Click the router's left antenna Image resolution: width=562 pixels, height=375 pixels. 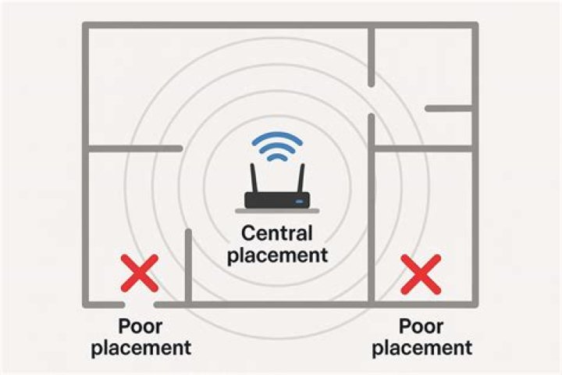pyautogui.click(x=254, y=178)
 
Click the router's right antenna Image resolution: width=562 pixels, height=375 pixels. pyautogui.click(x=301, y=178)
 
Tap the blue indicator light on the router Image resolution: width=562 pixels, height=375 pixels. pyautogui.click(x=299, y=202)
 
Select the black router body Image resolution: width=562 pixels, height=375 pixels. pyautogui.click(x=277, y=200)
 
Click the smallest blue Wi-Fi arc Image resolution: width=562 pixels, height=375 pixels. pyautogui.click(x=277, y=157)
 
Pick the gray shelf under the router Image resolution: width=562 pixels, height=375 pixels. pyautogui.click(x=277, y=211)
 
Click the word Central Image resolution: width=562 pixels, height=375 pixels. pyautogui.click(x=276, y=234)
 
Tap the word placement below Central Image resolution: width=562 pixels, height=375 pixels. pyautogui.click(x=277, y=255)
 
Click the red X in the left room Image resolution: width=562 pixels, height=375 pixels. pyautogui.click(x=140, y=273)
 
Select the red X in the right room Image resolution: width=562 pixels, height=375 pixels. pyautogui.click(x=421, y=274)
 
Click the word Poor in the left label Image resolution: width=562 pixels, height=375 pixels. pyautogui.click(x=140, y=327)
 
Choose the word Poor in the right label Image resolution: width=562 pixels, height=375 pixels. pyautogui.click(x=421, y=327)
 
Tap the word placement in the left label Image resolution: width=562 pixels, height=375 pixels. pyautogui.click(x=140, y=348)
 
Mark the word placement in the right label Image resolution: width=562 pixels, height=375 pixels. pyautogui.click(x=421, y=348)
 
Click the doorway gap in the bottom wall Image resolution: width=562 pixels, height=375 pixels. pyautogui.click(x=140, y=305)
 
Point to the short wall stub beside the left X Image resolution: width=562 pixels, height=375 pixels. pyautogui.click(x=188, y=266)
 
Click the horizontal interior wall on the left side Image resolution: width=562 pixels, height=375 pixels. pyautogui.click(x=136, y=148)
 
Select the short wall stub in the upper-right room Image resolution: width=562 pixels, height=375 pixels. pyautogui.click(x=448, y=108)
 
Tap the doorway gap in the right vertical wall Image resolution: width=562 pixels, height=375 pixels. pyautogui.click(x=371, y=100)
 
